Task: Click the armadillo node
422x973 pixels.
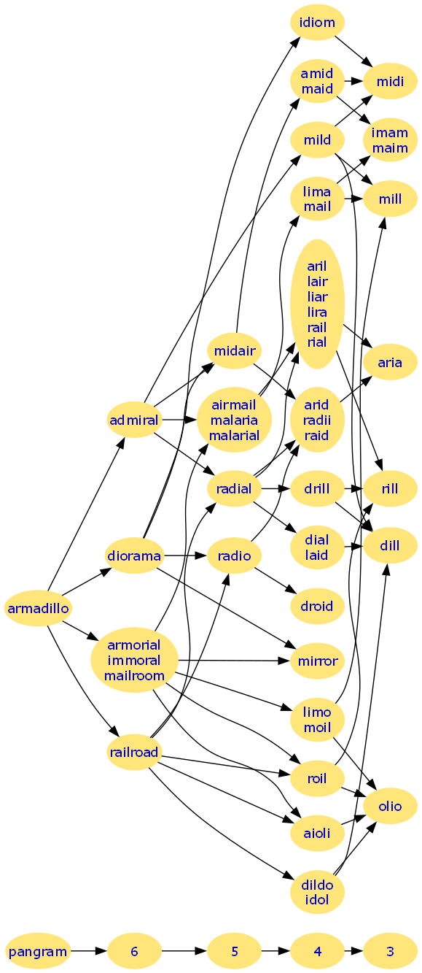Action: [38, 608]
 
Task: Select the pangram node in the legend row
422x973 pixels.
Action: [38, 951]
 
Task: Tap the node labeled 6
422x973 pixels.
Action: [134, 951]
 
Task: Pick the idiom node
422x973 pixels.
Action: [318, 22]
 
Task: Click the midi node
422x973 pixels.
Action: [391, 81]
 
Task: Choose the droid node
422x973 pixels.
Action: [318, 606]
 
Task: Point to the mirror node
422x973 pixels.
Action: [318, 661]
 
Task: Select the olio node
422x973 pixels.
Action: [391, 806]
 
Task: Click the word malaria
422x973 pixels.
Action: [234, 420]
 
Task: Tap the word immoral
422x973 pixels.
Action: [134, 661]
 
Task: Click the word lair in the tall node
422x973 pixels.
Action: [318, 282]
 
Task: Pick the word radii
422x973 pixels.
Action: [317, 420]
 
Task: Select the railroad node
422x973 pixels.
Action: [134, 752]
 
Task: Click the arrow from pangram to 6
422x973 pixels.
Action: [89, 951]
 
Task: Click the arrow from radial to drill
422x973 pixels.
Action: [276, 488]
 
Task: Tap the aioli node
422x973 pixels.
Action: [318, 833]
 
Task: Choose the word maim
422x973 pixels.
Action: [391, 148]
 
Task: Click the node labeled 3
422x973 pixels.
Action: [391, 951]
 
